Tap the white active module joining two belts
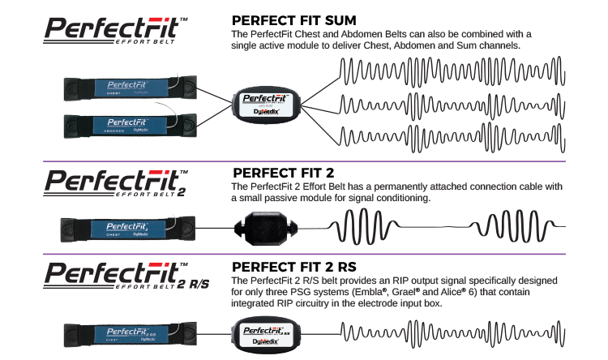click(268, 105)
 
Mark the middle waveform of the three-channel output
click(450, 104)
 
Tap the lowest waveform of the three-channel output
click(450, 135)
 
